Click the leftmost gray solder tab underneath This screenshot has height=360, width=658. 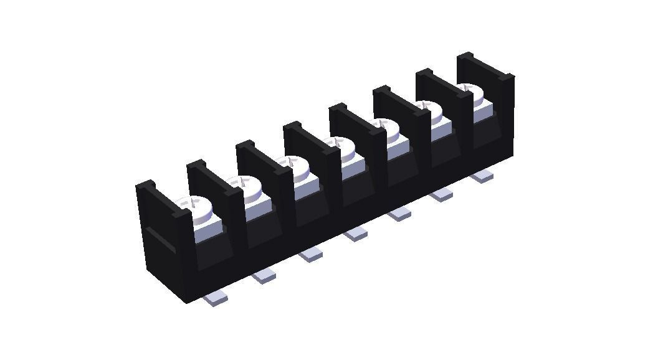tap(216, 300)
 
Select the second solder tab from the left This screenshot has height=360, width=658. tap(264, 275)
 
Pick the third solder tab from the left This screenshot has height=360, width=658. tap(310, 254)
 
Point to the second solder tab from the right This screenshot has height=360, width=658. tap(442, 195)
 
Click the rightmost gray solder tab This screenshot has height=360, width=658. tap(482, 177)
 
